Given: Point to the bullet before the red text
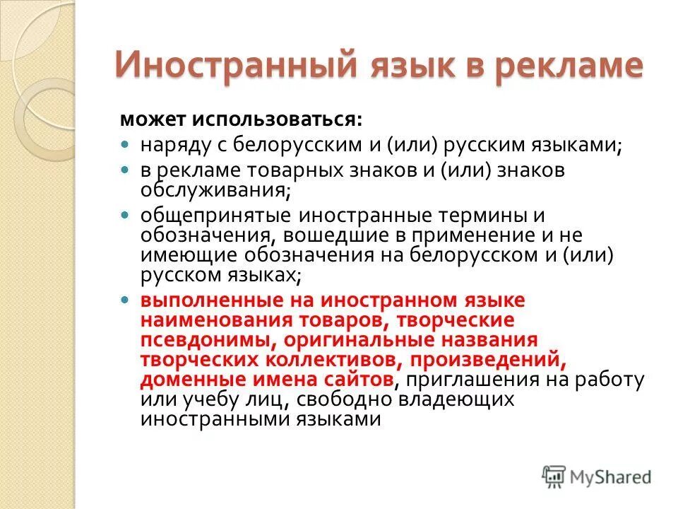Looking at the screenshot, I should (x=126, y=300).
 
